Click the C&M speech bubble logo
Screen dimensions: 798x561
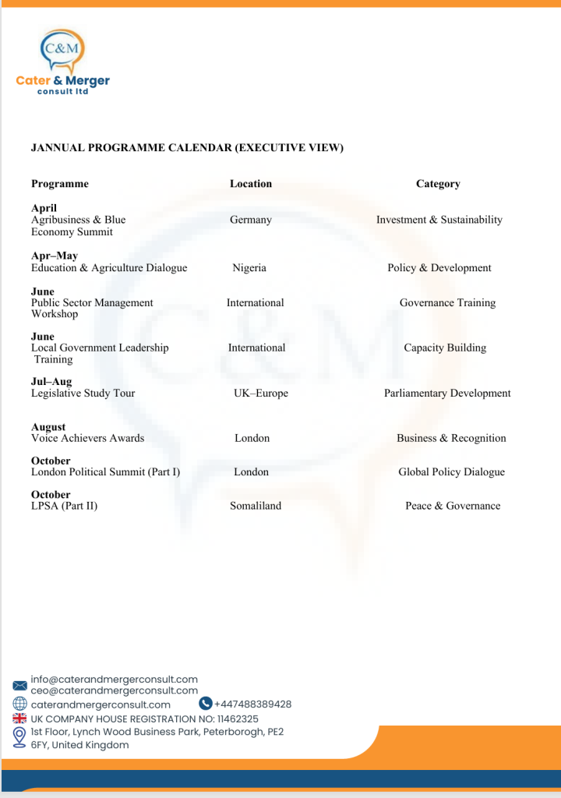(x=62, y=51)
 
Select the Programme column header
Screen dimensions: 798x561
(x=60, y=184)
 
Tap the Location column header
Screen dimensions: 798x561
(x=251, y=184)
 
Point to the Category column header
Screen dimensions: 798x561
(x=438, y=184)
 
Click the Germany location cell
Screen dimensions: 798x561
(x=251, y=220)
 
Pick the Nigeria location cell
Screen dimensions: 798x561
(x=249, y=268)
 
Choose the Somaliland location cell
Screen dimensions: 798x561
(x=256, y=506)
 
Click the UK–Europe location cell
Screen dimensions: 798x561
(x=261, y=394)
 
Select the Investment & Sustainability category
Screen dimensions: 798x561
(x=439, y=220)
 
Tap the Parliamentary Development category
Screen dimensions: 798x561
(x=447, y=394)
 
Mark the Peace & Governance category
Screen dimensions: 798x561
(x=453, y=506)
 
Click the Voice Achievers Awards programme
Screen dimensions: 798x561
(x=87, y=438)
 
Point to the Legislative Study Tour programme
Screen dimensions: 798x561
(x=83, y=394)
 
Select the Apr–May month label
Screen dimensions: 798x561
(x=55, y=256)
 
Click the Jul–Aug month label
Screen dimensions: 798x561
(x=51, y=381)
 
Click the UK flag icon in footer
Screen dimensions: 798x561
(x=19, y=719)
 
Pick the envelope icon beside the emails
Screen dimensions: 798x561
(x=19, y=685)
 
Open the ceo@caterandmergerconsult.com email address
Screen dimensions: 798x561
(x=115, y=690)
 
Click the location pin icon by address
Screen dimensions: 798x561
(x=19, y=737)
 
